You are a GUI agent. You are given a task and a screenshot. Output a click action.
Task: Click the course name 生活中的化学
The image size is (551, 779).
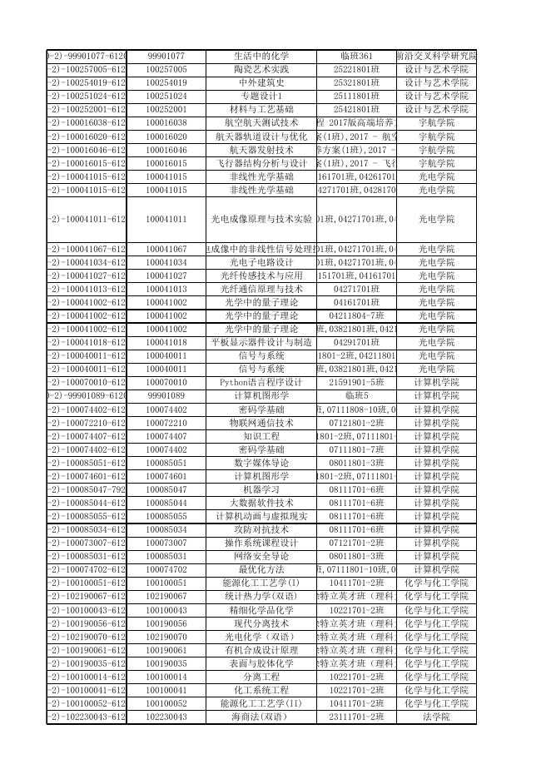[x=261, y=56]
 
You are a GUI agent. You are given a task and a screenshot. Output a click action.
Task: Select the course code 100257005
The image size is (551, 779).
[x=166, y=69]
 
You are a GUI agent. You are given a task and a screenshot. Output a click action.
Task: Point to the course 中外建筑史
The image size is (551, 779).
[x=261, y=82]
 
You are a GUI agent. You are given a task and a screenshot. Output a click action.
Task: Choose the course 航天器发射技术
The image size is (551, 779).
[x=261, y=150]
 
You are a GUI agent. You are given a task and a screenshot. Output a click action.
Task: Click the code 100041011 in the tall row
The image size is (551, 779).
[x=166, y=220]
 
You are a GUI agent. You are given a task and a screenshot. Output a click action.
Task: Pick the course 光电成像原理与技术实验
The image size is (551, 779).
[x=261, y=220]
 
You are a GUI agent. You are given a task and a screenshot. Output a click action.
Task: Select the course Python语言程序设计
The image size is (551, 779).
[x=261, y=382]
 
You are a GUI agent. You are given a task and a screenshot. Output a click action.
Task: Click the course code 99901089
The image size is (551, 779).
[x=166, y=395]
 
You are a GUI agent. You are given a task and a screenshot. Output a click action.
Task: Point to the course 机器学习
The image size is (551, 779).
[x=261, y=489]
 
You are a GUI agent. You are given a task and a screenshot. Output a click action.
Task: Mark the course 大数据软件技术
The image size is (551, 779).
[x=261, y=503]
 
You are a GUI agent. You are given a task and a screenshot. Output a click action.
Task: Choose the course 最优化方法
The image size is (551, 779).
[x=261, y=570]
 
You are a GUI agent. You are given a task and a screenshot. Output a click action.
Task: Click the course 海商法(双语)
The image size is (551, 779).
[x=261, y=717]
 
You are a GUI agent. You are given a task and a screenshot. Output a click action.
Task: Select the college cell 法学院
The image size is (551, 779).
[x=436, y=717]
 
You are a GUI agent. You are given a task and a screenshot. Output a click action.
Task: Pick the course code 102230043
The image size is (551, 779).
[x=166, y=717]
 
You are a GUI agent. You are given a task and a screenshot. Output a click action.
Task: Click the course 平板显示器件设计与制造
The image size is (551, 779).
[x=261, y=342]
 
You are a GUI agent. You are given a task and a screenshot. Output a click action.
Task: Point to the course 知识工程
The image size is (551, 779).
[x=261, y=436]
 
